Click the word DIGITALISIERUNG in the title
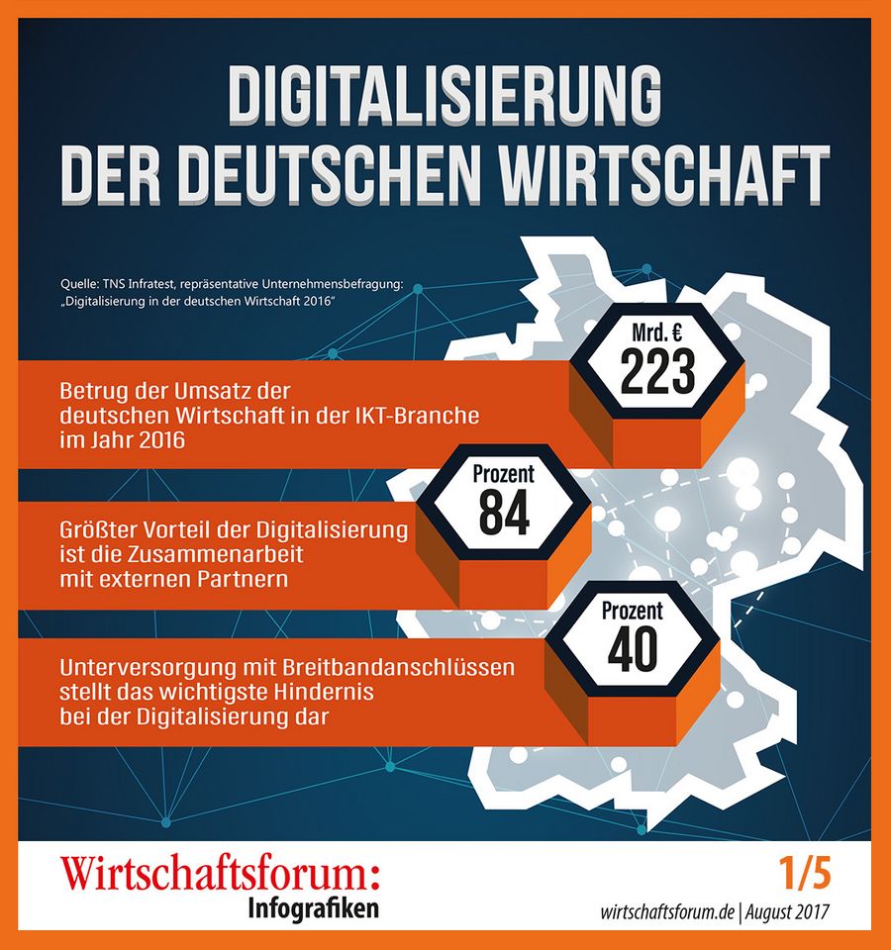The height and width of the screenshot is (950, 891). click(445, 94)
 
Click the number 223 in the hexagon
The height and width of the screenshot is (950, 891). click(657, 371)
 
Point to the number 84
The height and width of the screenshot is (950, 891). click(504, 513)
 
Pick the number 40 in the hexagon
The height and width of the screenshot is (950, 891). click(633, 650)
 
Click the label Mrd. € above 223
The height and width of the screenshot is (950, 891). click(657, 332)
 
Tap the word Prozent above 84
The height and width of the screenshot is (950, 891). click(504, 474)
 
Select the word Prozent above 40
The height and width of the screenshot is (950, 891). click(633, 611)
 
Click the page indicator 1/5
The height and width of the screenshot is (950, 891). click(805, 874)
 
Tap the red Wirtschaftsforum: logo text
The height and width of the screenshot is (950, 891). click(220, 874)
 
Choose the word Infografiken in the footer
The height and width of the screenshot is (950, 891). click(314, 908)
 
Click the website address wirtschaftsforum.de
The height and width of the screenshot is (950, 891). click(667, 911)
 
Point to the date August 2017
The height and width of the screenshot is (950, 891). click(787, 911)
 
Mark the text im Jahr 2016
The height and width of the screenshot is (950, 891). click(123, 439)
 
